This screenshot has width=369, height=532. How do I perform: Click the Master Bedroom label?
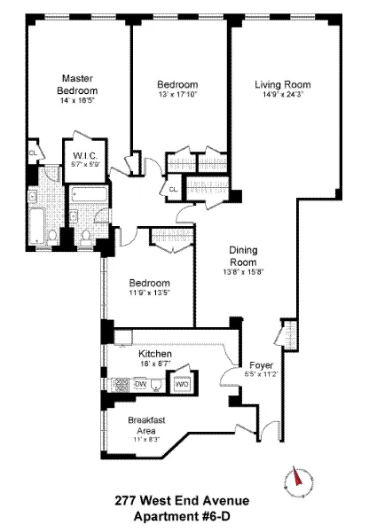pyautogui.click(x=78, y=84)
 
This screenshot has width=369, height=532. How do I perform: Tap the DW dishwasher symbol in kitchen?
pyautogui.click(x=140, y=383)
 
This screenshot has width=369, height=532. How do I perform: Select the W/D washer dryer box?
pyautogui.click(x=181, y=384)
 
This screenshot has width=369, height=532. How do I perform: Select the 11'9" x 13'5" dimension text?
pyautogui.click(x=147, y=294)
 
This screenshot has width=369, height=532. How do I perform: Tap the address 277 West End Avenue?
pyautogui.click(x=184, y=502)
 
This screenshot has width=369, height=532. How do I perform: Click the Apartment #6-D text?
pyautogui.click(x=184, y=516)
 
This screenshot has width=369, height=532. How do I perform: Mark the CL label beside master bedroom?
pyautogui.click(x=33, y=152)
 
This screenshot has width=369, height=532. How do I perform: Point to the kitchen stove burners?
pyautogui.click(x=117, y=383)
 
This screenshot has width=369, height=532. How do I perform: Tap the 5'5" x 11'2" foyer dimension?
pyautogui.click(x=262, y=375)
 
